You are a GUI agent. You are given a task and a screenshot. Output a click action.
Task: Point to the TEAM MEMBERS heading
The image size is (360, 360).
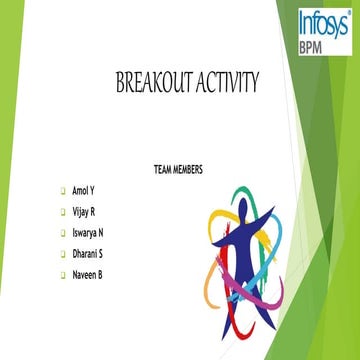tap(179, 170)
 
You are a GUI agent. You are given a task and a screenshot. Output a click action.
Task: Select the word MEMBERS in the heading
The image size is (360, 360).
tap(190, 170)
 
